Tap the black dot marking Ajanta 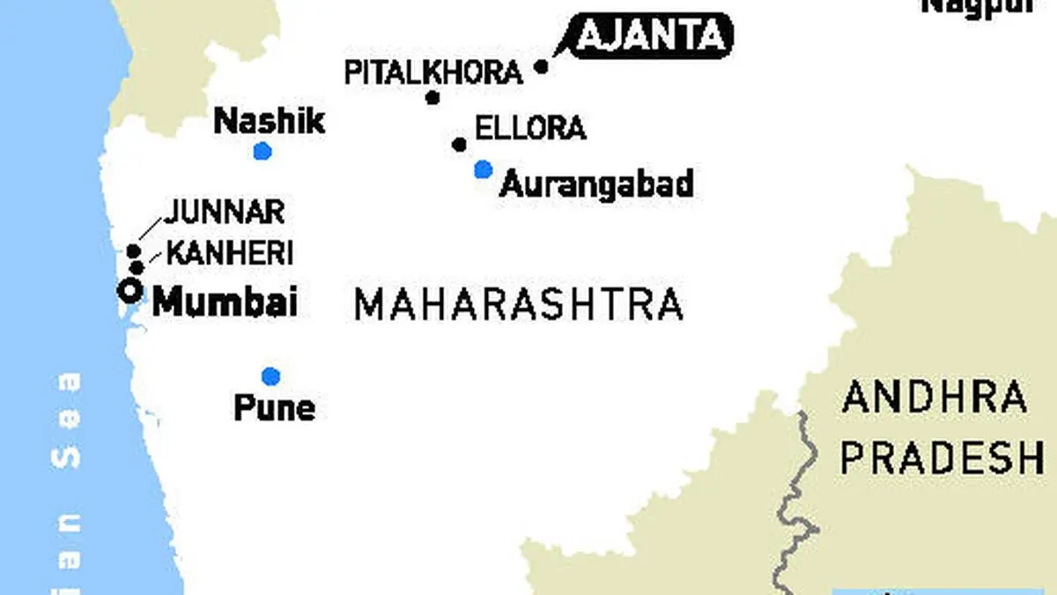[x=542, y=66]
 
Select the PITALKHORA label [x=432, y=72]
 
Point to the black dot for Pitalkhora [x=432, y=98]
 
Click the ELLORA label [x=530, y=128]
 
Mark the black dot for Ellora [x=459, y=144]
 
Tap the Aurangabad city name [x=597, y=184]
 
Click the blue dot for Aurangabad [x=483, y=169]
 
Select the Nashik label [x=270, y=122]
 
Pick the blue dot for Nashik [x=262, y=152]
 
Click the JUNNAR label [x=225, y=212]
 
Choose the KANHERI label [x=229, y=254]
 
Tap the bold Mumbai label [x=225, y=302]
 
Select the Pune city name [x=274, y=408]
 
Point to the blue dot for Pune [x=270, y=376]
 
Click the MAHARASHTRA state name [x=518, y=304]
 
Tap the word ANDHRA [x=935, y=398]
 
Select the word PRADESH [x=941, y=458]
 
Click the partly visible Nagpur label [x=976, y=6]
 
